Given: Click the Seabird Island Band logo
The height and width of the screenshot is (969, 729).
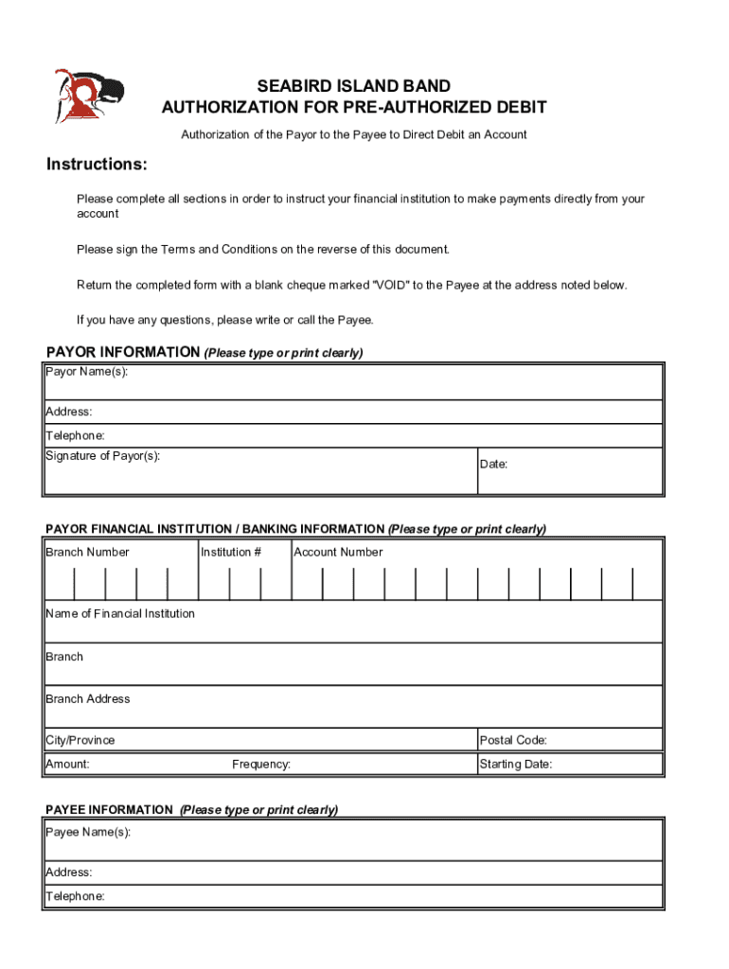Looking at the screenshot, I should (87, 97).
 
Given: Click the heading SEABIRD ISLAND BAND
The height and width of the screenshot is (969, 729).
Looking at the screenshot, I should (354, 87).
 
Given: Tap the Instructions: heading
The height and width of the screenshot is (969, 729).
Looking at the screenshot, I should (97, 165).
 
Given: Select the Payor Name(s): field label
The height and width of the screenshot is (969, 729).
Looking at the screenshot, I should (86, 371).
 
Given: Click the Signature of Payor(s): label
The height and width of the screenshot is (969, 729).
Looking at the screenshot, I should (102, 456).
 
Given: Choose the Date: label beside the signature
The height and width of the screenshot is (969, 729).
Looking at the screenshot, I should (493, 464).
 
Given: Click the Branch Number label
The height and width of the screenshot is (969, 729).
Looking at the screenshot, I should (87, 552).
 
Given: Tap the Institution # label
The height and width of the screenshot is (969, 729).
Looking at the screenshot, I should (231, 552).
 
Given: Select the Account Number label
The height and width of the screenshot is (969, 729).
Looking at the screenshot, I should (338, 552).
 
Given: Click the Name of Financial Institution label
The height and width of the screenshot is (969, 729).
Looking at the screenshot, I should (120, 613).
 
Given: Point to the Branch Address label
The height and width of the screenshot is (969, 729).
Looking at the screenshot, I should (87, 699).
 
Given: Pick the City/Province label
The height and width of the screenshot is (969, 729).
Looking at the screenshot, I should (80, 740).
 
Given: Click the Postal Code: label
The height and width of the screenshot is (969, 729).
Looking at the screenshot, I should (513, 740).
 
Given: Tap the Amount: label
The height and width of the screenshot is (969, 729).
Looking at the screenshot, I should (67, 764).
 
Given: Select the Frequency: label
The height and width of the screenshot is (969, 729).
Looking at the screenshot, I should (261, 764).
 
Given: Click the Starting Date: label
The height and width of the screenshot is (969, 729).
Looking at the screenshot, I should (515, 764).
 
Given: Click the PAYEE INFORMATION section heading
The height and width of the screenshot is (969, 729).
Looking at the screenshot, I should (109, 810).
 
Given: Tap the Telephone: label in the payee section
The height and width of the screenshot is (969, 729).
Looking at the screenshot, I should (75, 895).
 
